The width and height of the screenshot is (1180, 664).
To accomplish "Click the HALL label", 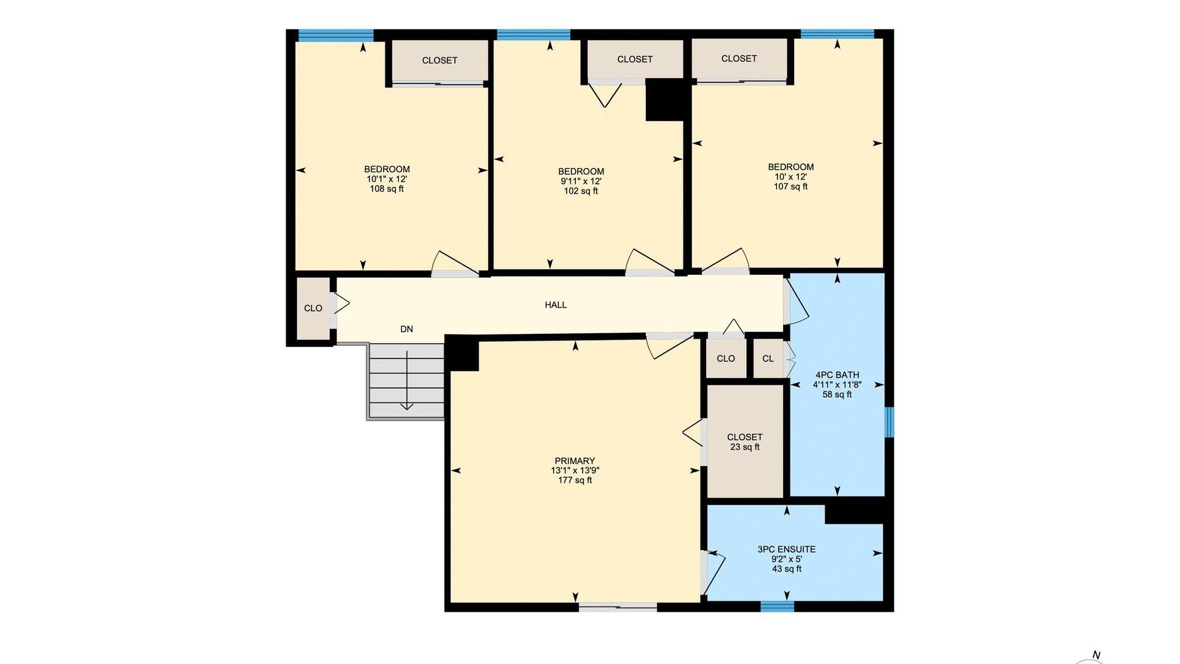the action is click(x=556, y=305).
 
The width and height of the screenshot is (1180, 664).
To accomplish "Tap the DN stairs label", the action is click(x=406, y=330).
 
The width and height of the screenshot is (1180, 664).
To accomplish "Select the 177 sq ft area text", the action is click(x=575, y=480).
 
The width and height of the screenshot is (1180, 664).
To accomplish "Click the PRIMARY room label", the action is click(x=575, y=461).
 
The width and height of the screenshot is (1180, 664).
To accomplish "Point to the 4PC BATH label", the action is click(x=837, y=375).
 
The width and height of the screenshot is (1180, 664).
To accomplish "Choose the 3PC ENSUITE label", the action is click(x=787, y=550).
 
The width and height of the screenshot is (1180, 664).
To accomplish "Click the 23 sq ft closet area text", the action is click(x=745, y=447).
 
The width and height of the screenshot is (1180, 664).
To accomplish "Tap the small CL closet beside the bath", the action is click(x=768, y=358).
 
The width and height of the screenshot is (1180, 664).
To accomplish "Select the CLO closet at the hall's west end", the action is click(x=313, y=308).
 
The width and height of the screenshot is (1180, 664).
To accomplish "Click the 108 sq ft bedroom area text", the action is click(x=387, y=189).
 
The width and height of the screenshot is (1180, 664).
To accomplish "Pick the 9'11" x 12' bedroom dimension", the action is click(x=581, y=181).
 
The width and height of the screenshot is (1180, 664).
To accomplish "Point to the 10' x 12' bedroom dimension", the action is click(x=790, y=176).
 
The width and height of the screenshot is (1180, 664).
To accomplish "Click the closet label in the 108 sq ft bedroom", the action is click(x=439, y=60).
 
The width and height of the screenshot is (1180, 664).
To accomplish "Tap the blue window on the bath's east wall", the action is click(x=889, y=422).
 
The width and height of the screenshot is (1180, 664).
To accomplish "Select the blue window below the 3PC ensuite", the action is click(x=777, y=606).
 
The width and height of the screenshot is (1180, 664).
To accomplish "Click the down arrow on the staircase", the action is click(x=407, y=381).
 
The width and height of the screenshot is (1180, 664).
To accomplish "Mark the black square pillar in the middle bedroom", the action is click(x=665, y=100).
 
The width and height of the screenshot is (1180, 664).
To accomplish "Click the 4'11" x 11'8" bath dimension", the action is click(x=837, y=385).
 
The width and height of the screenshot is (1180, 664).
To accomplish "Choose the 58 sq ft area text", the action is click(x=837, y=395).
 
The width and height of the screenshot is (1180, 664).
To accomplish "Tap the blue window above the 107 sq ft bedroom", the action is click(x=837, y=34).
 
